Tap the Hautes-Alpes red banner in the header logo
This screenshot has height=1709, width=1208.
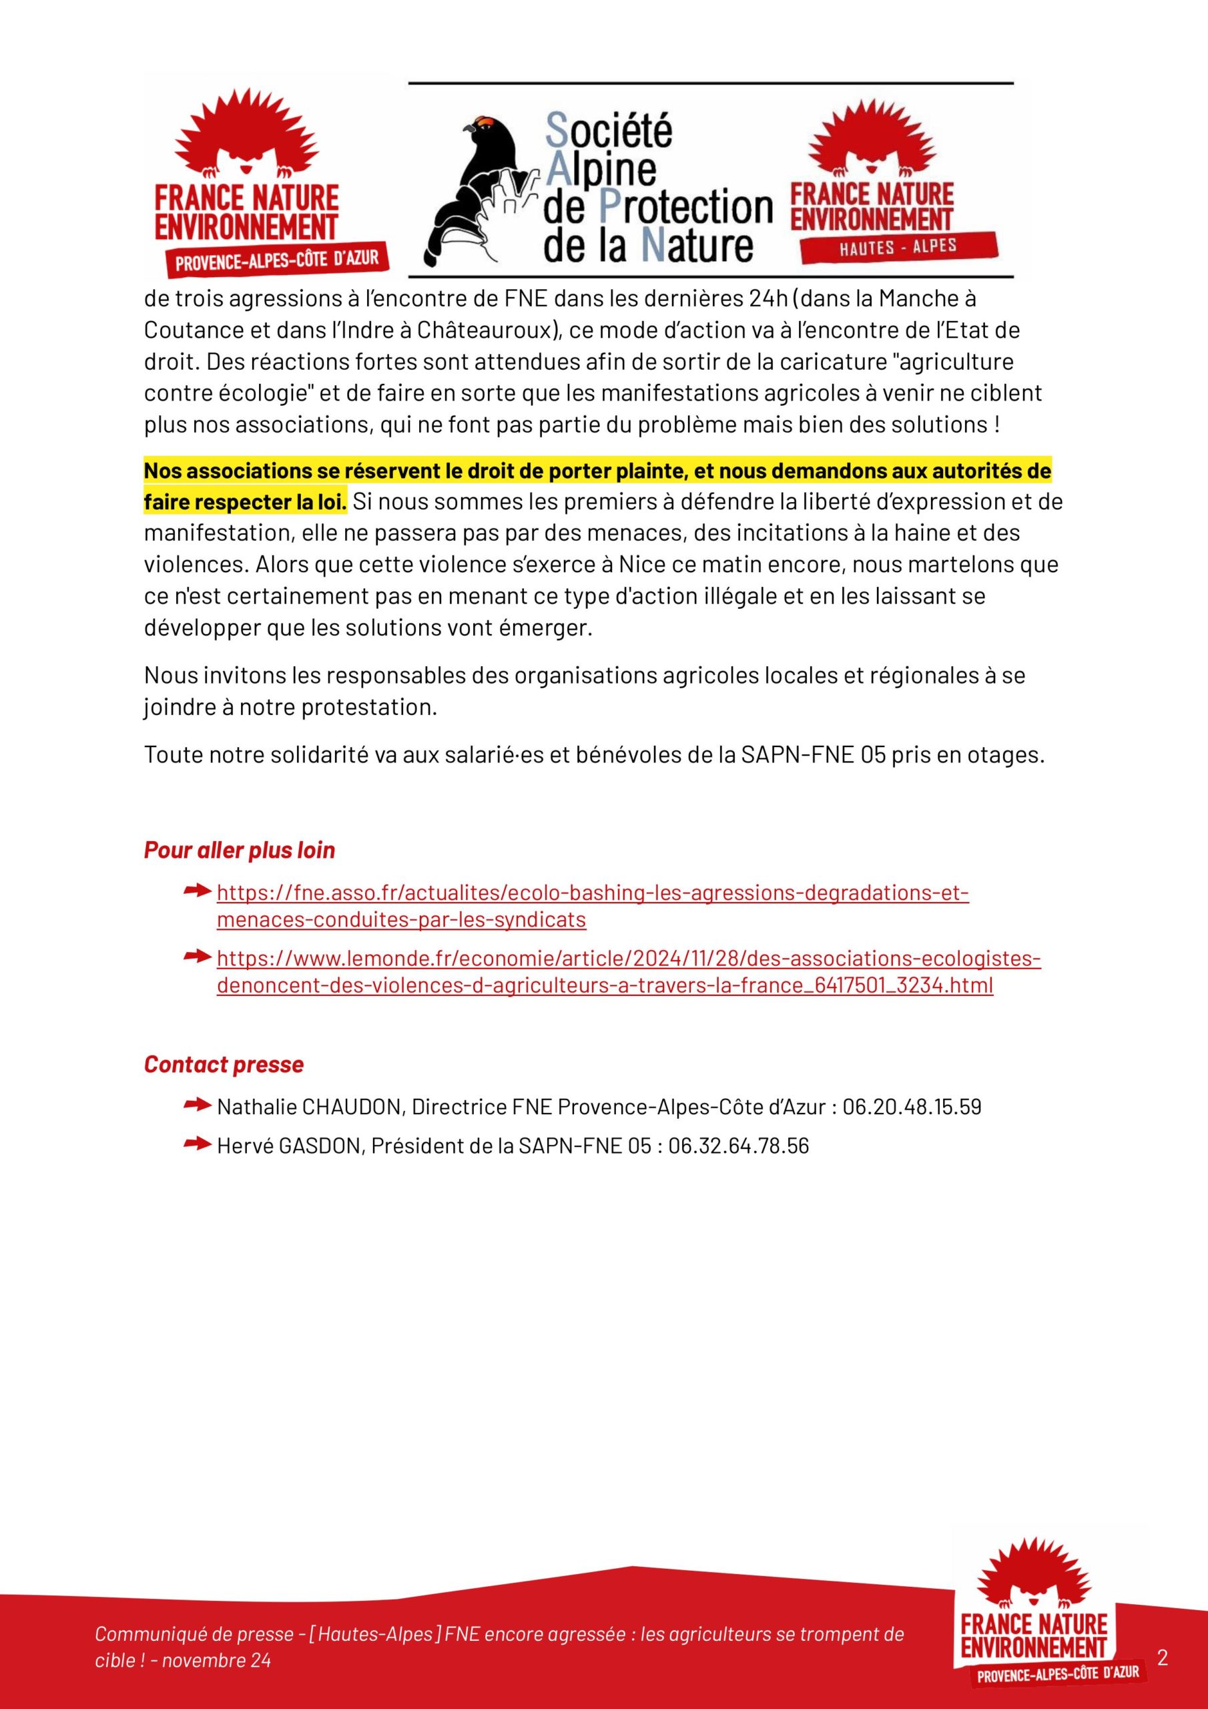pos(896,248)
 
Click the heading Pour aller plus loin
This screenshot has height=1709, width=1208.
pos(239,850)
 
